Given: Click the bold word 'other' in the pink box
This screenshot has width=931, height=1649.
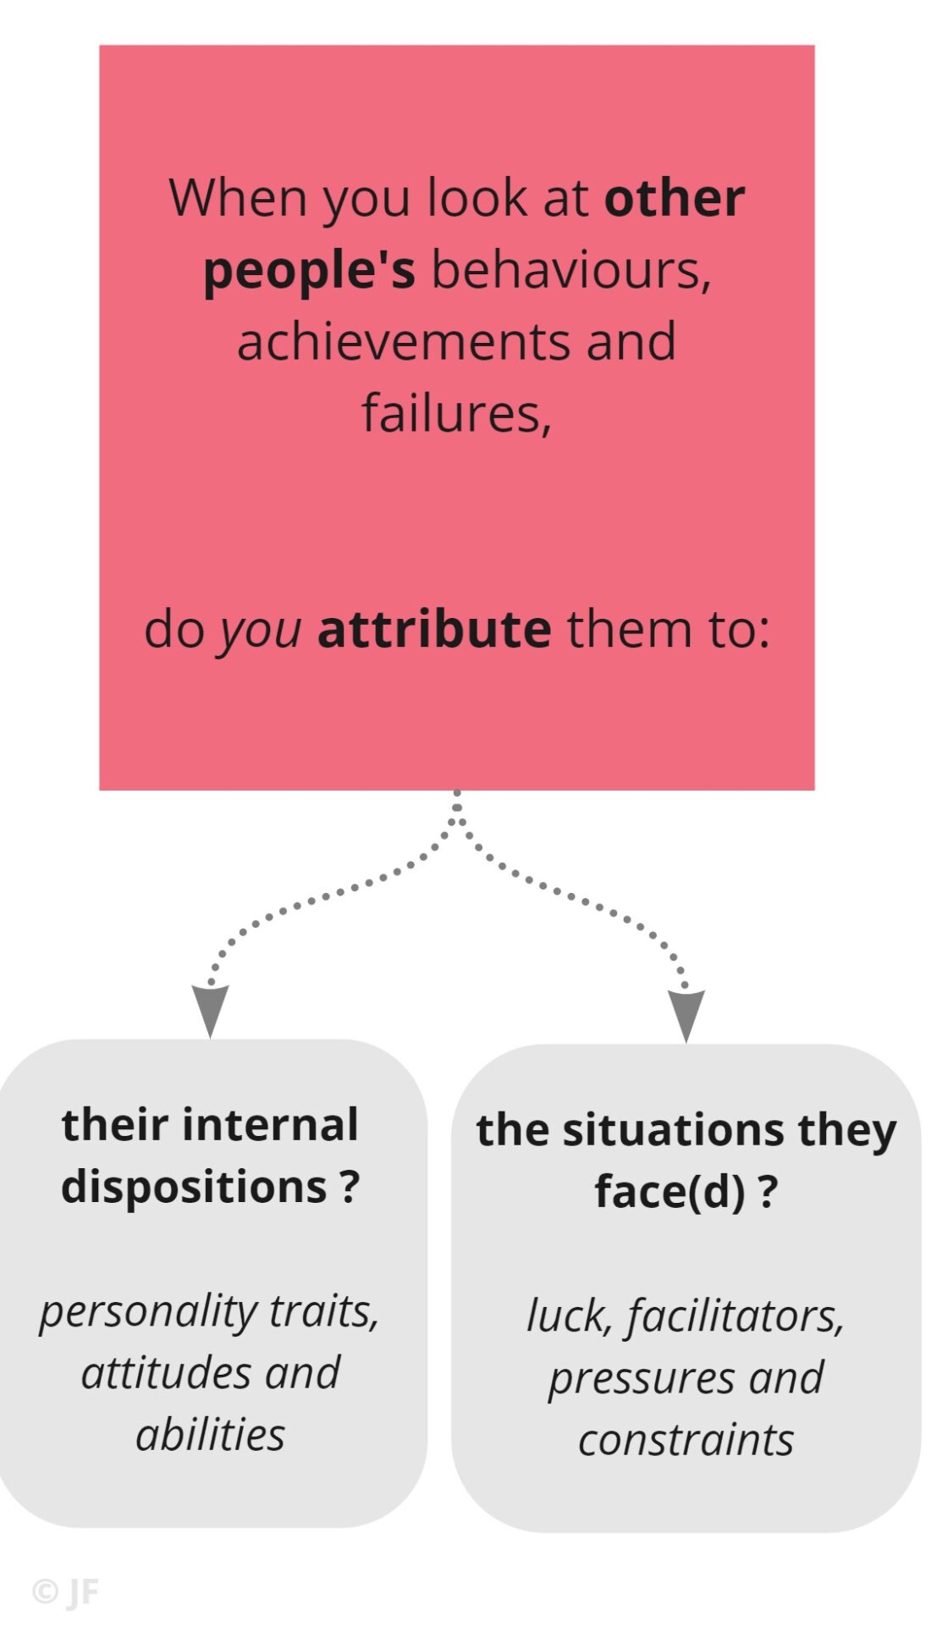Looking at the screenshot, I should pyautogui.click(x=674, y=198).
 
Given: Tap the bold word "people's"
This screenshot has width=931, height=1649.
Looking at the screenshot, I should pyautogui.click(x=309, y=271).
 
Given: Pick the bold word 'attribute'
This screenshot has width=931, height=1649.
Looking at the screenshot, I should pyautogui.click(x=433, y=630).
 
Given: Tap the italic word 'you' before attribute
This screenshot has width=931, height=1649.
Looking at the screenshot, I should pyautogui.click(x=260, y=631).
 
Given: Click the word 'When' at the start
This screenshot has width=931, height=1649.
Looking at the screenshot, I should pyautogui.click(x=238, y=198).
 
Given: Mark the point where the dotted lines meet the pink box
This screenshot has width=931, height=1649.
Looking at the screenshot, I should pyautogui.click(x=457, y=794).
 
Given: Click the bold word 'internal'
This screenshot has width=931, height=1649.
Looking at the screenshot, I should pyautogui.click(x=271, y=1125).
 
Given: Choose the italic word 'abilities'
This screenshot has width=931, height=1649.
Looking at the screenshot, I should pyautogui.click(x=210, y=1435).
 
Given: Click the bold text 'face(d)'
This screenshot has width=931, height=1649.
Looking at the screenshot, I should pyautogui.click(x=669, y=1191).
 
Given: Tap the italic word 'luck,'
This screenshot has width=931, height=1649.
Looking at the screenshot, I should pyautogui.click(x=569, y=1316).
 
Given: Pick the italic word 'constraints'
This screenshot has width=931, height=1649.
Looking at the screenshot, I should pyautogui.click(x=686, y=1440).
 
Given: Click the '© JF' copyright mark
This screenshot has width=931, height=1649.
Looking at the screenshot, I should pyautogui.click(x=65, y=1592).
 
